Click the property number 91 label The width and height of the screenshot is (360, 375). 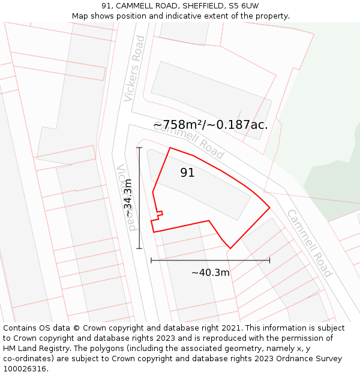[187, 173]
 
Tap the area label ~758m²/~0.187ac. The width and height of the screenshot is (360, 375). [210, 125]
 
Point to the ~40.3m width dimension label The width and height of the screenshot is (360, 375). [210, 272]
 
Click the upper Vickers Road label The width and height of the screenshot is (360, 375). [134, 68]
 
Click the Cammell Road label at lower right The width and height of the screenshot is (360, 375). [308, 243]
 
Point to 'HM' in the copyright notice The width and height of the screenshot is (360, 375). [10, 349]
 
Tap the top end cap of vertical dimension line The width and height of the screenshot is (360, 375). [139, 148]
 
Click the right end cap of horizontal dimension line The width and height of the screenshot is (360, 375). [269, 260]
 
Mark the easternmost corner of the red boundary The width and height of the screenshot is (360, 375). [269, 207]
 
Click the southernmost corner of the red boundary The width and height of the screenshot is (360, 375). [230, 248]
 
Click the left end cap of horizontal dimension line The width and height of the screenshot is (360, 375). [151, 260]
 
